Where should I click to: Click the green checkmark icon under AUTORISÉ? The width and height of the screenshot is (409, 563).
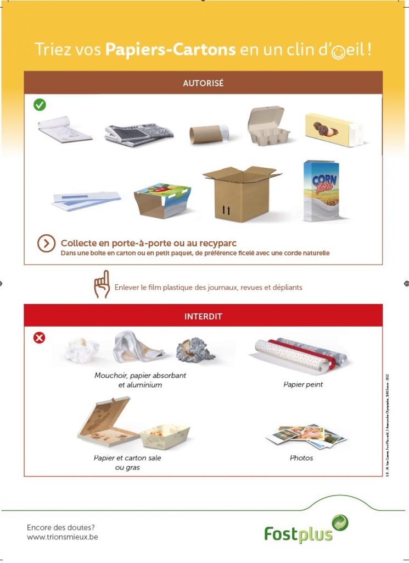click(40, 104)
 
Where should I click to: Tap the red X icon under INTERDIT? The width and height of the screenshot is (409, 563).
click(40, 338)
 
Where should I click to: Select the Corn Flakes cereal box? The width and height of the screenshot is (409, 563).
click(322, 191)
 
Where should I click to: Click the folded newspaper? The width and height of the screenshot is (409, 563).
click(139, 132)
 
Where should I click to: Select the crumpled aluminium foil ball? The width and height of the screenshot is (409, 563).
click(195, 350)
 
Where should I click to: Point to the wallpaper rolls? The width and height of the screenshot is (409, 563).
click(300, 352)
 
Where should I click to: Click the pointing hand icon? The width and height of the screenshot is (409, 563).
click(102, 285)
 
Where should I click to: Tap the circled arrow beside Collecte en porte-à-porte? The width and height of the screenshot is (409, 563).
click(46, 243)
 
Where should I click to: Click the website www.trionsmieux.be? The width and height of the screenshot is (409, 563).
click(63, 536)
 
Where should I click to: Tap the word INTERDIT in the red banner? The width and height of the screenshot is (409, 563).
click(203, 317)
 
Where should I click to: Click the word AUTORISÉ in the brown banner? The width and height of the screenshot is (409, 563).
click(203, 84)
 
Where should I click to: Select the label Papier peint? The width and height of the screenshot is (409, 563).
click(303, 384)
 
